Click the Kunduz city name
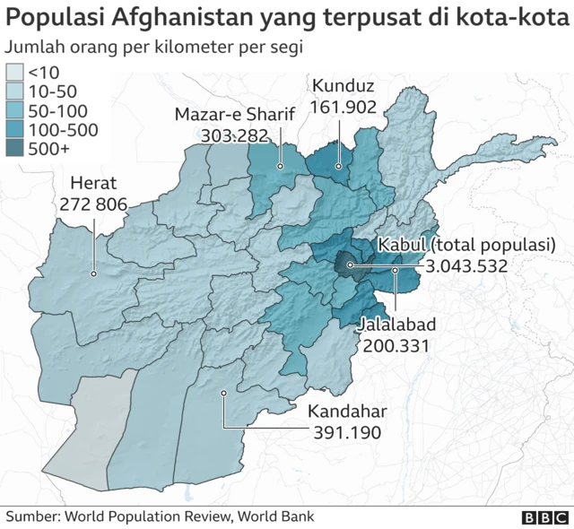342,86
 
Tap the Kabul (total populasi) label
467,245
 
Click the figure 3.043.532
467,265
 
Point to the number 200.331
396,344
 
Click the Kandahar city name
347,412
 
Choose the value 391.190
348,432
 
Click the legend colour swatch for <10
15,73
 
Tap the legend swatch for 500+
15,150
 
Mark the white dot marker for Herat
93,273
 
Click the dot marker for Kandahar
224,392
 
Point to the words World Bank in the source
278,516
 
